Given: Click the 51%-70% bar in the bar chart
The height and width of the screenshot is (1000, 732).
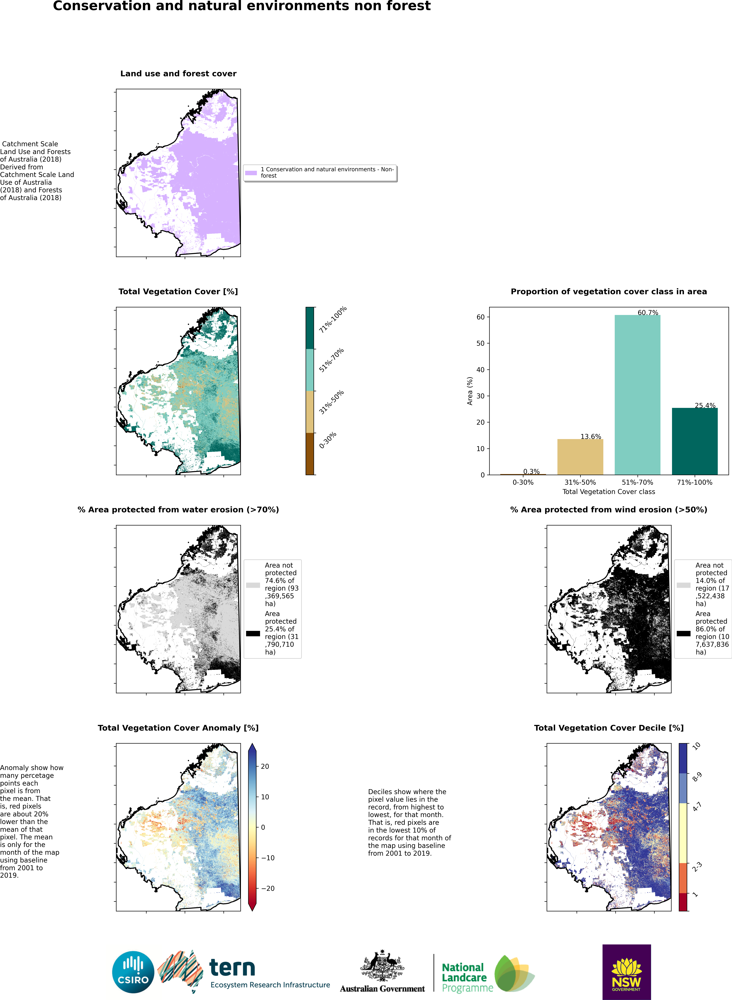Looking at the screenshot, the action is point(637,395).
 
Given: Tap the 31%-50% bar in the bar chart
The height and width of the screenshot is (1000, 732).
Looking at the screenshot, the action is point(580,457).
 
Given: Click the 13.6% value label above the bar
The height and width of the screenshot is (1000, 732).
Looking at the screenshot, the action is point(591,436).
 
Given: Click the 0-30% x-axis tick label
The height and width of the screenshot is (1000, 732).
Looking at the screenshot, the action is point(523,482).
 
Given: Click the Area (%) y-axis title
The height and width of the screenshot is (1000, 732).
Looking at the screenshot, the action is point(470,391).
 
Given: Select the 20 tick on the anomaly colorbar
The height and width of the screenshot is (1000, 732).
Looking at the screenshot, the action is point(265,766).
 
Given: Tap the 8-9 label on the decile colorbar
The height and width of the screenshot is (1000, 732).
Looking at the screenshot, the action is point(697,777).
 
